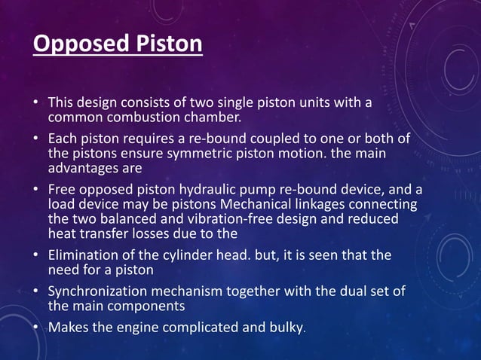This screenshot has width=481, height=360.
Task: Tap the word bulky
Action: point(286,328)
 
